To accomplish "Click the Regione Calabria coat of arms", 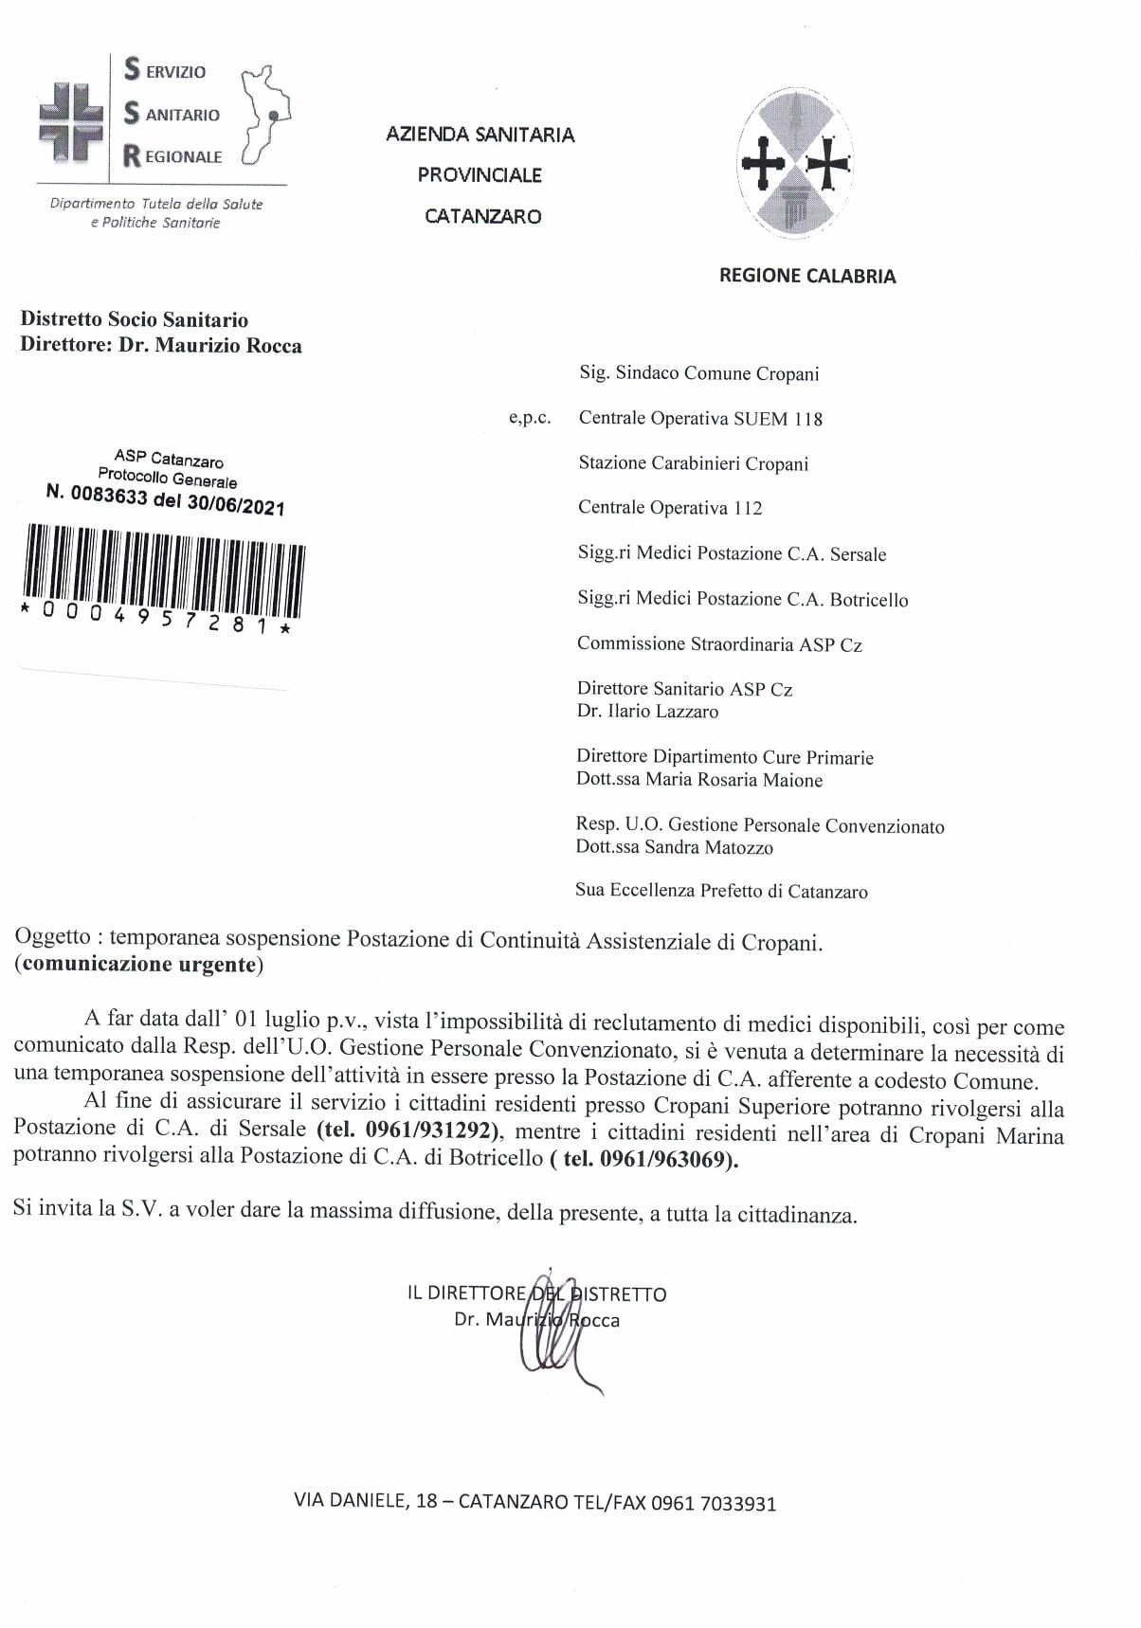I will pos(794,164).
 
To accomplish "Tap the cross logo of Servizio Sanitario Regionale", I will pos(70,120).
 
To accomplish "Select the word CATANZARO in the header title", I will pos(482,216).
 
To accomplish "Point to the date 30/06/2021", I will pos(235,505).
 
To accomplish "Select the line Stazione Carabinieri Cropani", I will pos(693,463).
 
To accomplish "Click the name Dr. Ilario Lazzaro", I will pos(647,712).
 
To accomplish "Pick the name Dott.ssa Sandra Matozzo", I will pos(674,847).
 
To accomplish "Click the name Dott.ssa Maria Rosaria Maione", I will pos(699,780).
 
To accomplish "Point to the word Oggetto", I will pos(53,937).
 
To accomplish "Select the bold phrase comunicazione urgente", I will pos(139,965).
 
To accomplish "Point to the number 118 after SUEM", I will pos(808,419).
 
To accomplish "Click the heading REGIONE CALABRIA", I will pos(806,276).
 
